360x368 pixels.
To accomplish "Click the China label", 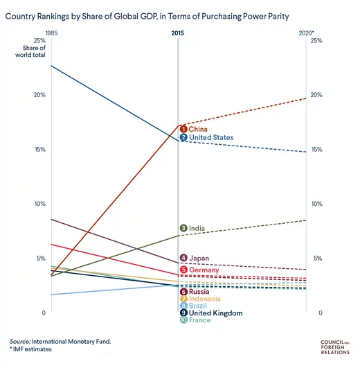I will pos(198,128).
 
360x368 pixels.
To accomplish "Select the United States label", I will pos(211,137).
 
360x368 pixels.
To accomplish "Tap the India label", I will pos(197,228).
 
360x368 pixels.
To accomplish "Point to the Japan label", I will pos(199,258).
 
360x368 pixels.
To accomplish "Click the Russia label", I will pos(199,292).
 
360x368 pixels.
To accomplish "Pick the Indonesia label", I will pos(205,299).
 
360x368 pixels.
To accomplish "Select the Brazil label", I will pos(197,306).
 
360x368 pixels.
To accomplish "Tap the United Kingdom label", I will pos(215,313).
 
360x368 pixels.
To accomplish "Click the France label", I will pos(199,320).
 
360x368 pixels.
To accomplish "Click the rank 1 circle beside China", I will pos(183,128).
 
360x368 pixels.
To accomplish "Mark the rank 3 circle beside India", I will pos(183,228).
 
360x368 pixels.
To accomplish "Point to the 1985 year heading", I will pos(51,33).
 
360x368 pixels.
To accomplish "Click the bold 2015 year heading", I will pos(178,33).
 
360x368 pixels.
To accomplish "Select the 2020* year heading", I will pos(307,33).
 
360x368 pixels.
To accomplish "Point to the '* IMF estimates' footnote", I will pos(30,350).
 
